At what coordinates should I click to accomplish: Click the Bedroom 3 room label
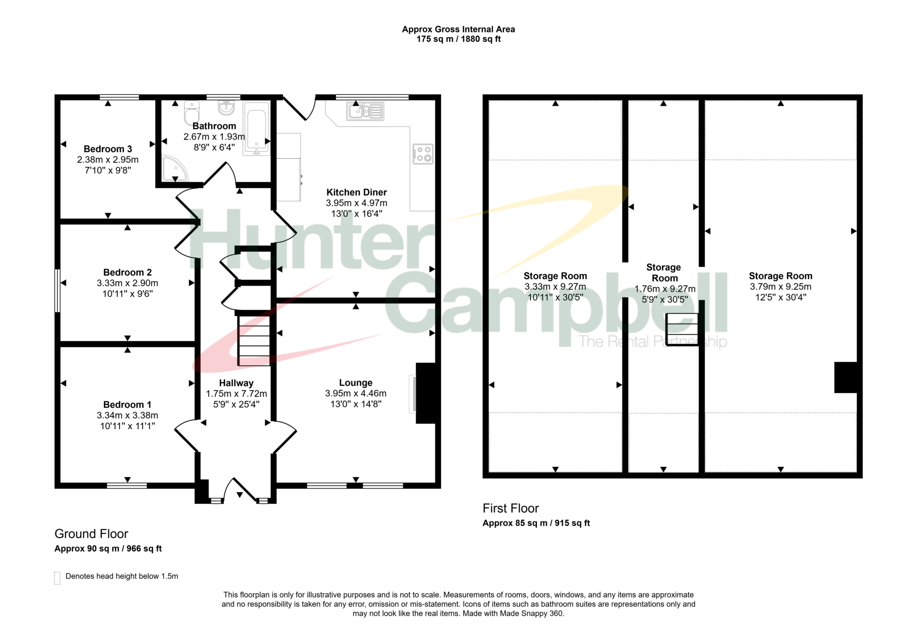click(x=108, y=149)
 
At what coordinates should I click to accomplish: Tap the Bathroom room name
click(x=214, y=126)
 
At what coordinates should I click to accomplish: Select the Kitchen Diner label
click(x=356, y=192)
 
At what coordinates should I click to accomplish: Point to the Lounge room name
click(x=356, y=383)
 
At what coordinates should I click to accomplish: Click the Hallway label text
click(x=236, y=383)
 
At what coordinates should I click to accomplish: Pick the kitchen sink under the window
click(x=365, y=111)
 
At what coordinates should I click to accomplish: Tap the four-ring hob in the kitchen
click(x=423, y=154)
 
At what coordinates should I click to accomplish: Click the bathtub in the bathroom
click(x=257, y=128)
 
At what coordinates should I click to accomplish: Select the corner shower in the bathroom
click(x=174, y=168)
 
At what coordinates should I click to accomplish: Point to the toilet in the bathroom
click(x=192, y=113)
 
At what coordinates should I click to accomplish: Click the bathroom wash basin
click(x=226, y=107)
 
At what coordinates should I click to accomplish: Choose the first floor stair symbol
click(x=682, y=330)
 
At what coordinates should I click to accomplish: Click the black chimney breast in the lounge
click(x=426, y=393)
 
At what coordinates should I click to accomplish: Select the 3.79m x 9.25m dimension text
click(x=780, y=287)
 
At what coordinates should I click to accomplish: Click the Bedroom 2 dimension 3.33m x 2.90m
click(x=128, y=283)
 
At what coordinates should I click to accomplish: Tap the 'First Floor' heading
click(x=510, y=508)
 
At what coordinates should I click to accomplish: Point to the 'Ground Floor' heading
click(x=91, y=534)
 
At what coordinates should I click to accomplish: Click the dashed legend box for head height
click(x=57, y=578)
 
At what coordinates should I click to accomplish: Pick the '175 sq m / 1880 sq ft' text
click(x=458, y=39)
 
